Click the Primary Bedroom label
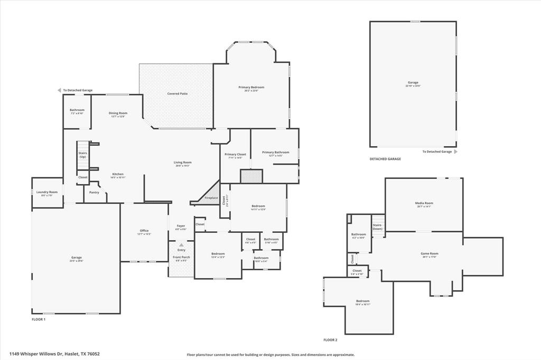251,87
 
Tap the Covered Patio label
178,93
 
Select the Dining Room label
118,113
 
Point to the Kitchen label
118,174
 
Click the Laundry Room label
46,192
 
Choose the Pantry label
94,192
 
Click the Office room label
144,231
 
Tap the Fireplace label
211,197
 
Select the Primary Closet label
235,154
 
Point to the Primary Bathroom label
276,153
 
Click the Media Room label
424,203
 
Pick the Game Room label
429,253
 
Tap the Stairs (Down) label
377,226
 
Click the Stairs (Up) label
83,155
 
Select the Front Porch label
181,257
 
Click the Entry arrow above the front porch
181,245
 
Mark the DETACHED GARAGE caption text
385,159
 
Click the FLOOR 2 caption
330,340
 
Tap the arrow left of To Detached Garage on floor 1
60,90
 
